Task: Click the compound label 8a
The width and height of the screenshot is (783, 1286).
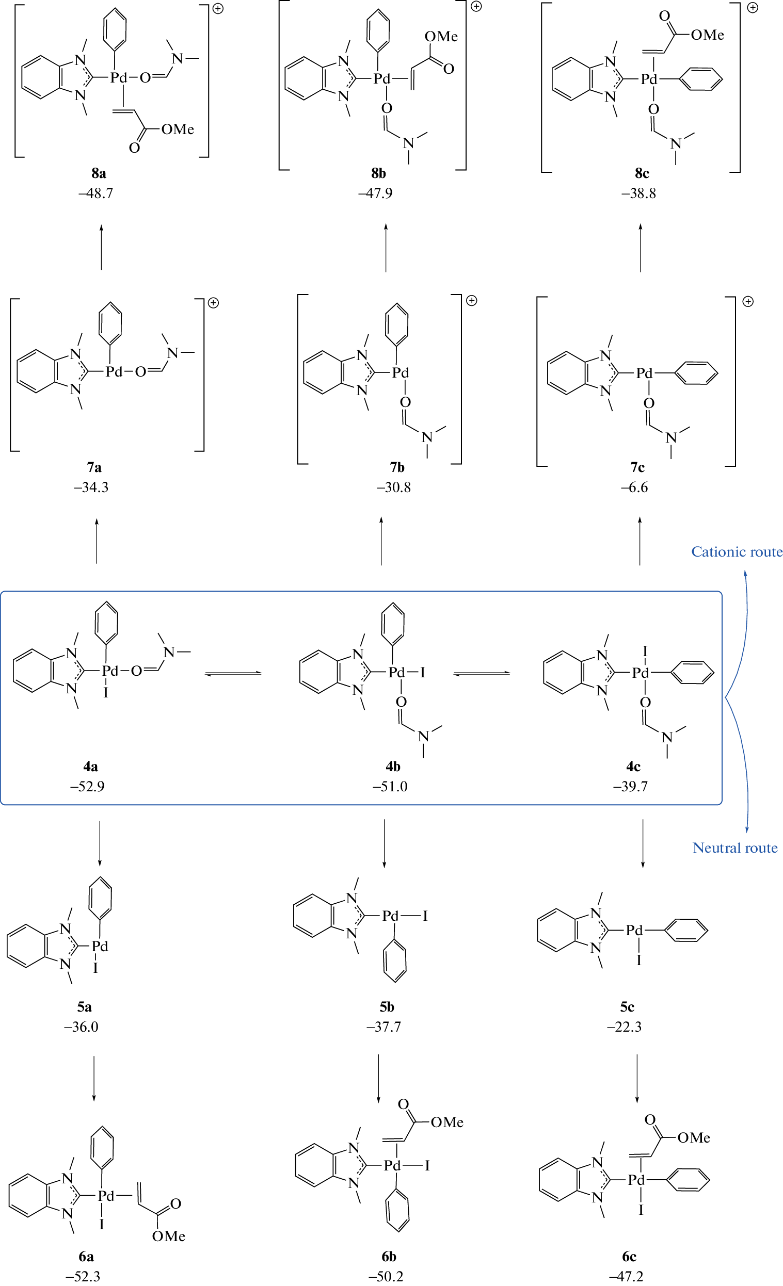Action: (99, 173)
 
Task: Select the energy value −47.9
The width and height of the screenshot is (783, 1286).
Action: (375, 193)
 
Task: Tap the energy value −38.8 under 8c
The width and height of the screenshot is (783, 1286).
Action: (638, 193)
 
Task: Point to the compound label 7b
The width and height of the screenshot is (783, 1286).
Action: (397, 467)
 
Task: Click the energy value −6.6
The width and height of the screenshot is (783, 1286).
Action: (634, 487)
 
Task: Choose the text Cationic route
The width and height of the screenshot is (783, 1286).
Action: (737, 552)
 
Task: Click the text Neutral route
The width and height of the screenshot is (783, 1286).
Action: (735, 848)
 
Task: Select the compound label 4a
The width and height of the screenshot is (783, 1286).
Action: (90, 766)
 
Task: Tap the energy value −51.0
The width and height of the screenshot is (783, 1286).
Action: (390, 787)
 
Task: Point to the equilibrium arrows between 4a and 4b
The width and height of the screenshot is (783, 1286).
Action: (233, 674)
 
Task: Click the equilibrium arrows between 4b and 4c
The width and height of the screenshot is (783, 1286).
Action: (482, 674)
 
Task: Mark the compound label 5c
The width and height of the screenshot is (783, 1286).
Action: (627, 1007)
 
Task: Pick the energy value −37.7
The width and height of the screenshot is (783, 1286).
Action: (383, 1027)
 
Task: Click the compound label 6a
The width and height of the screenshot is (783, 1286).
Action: (86, 1256)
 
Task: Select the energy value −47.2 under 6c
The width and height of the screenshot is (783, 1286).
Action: (626, 1277)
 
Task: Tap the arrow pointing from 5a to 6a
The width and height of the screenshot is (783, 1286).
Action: (94, 1078)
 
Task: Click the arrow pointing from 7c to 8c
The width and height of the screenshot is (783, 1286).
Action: (641, 248)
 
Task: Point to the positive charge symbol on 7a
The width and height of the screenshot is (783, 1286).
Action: (213, 303)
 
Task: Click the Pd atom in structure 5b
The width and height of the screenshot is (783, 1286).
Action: (390, 916)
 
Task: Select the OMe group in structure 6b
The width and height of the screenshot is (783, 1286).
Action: (446, 1122)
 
